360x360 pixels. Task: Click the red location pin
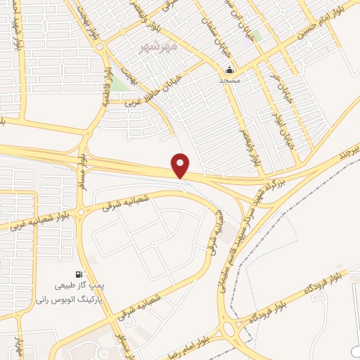pos(181,165)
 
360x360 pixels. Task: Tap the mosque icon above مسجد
pos(229,70)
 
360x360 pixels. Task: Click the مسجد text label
pos(229,81)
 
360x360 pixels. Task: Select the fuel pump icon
pos(78,275)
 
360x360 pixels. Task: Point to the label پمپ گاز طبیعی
pos(79,287)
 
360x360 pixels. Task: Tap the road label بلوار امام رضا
pos(200,336)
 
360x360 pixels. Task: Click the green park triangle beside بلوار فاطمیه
pos(120,84)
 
